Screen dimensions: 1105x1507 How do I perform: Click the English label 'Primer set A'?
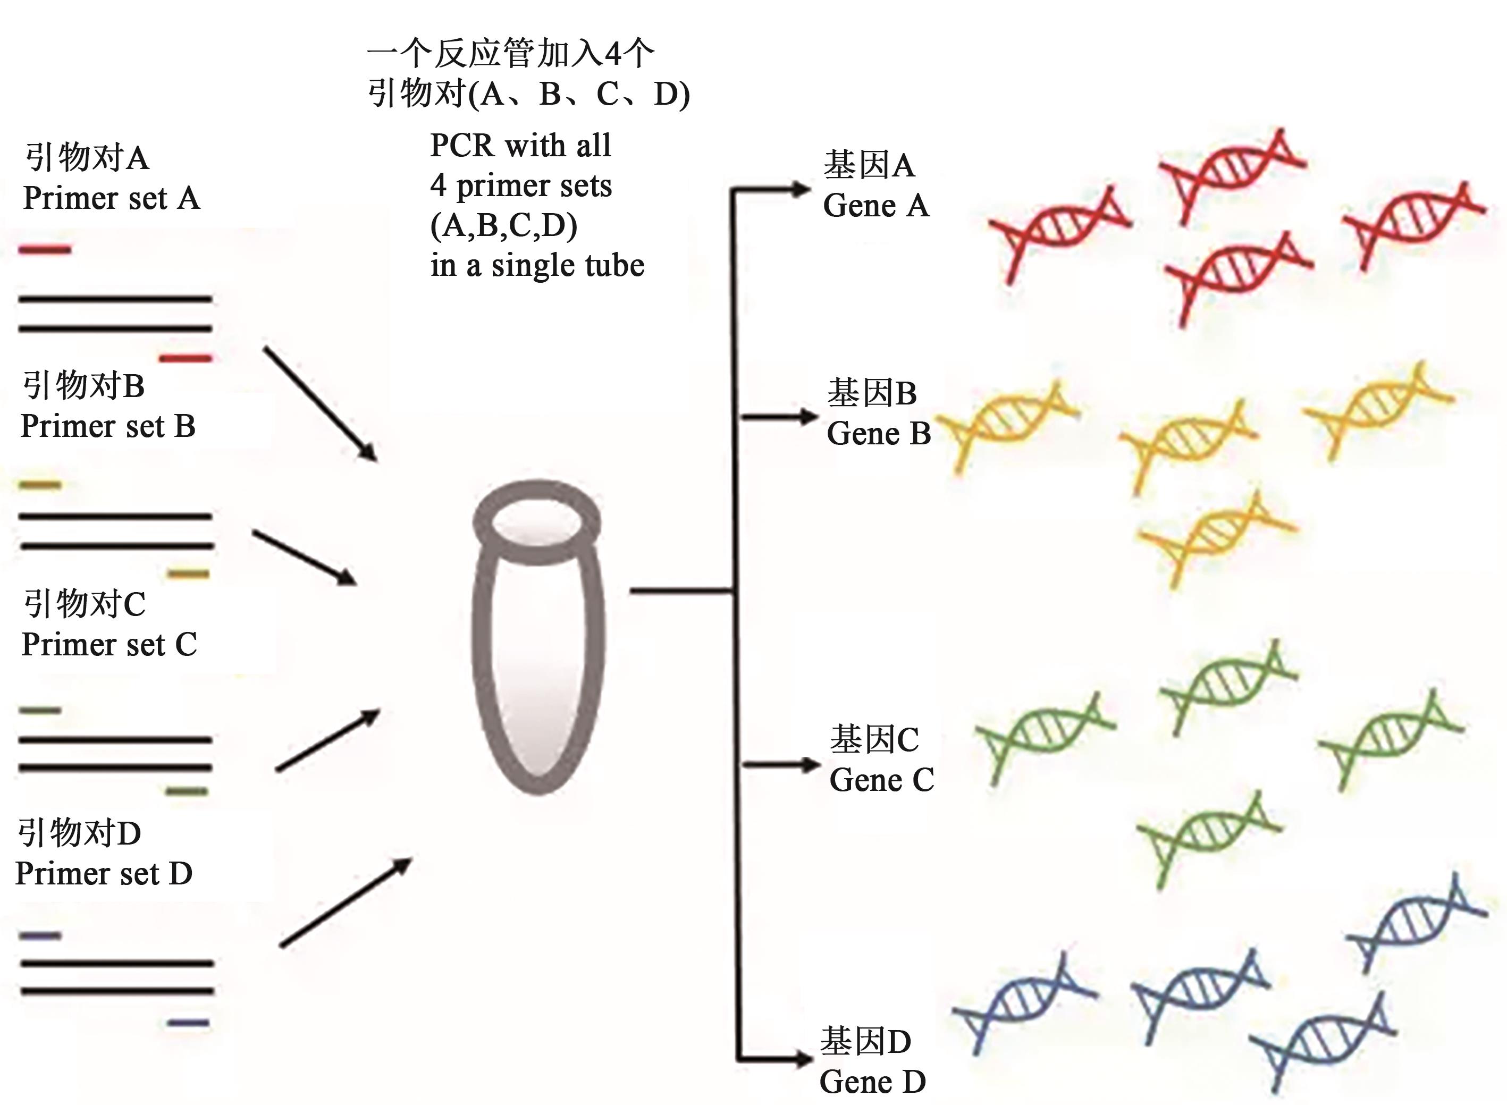(112, 199)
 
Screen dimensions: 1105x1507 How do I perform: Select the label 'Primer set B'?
(108, 427)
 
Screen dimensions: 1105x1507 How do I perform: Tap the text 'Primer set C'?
(109, 645)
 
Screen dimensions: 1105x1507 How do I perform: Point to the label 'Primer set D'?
(104, 874)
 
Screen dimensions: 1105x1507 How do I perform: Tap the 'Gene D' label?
(872, 1082)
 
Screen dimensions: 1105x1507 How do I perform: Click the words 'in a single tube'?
(537, 266)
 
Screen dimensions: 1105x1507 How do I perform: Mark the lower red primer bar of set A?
(186, 359)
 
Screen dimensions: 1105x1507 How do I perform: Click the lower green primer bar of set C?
(187, 792)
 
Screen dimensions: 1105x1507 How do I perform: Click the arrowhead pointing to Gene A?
(800, 189)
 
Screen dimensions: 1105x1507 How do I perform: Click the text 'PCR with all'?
(520, 146)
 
